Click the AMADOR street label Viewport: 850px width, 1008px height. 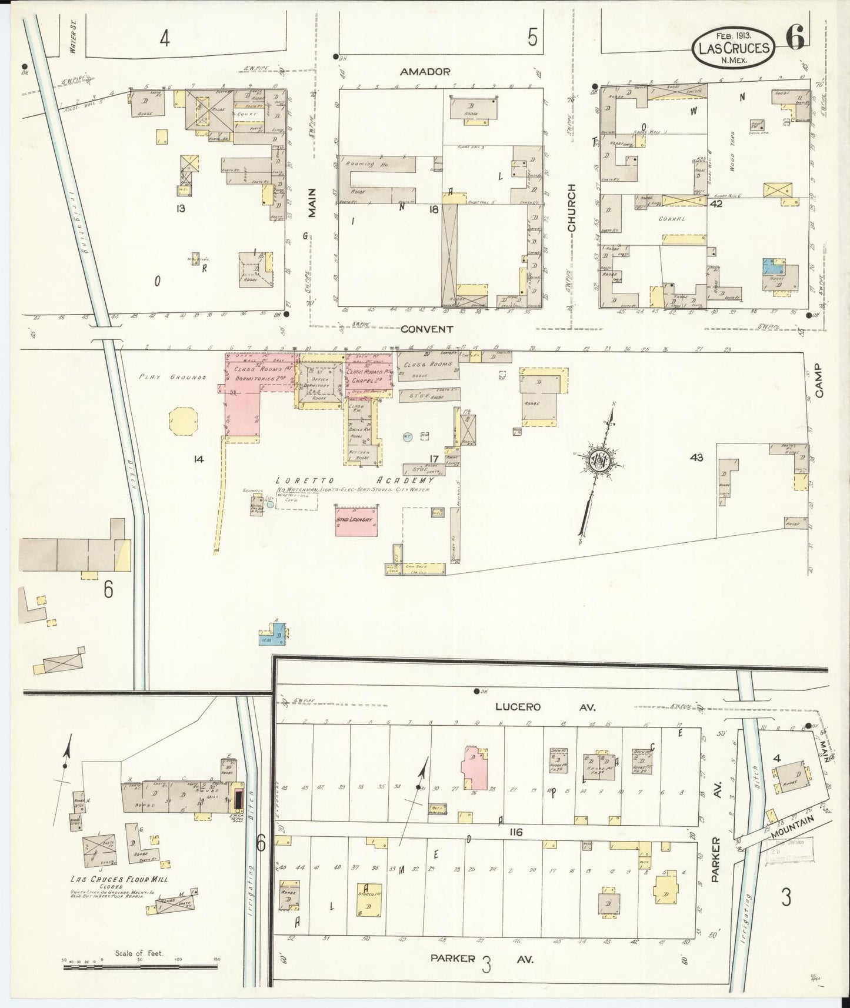[x=425, y=72]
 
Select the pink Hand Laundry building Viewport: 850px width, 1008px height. [x=356, y=520]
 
